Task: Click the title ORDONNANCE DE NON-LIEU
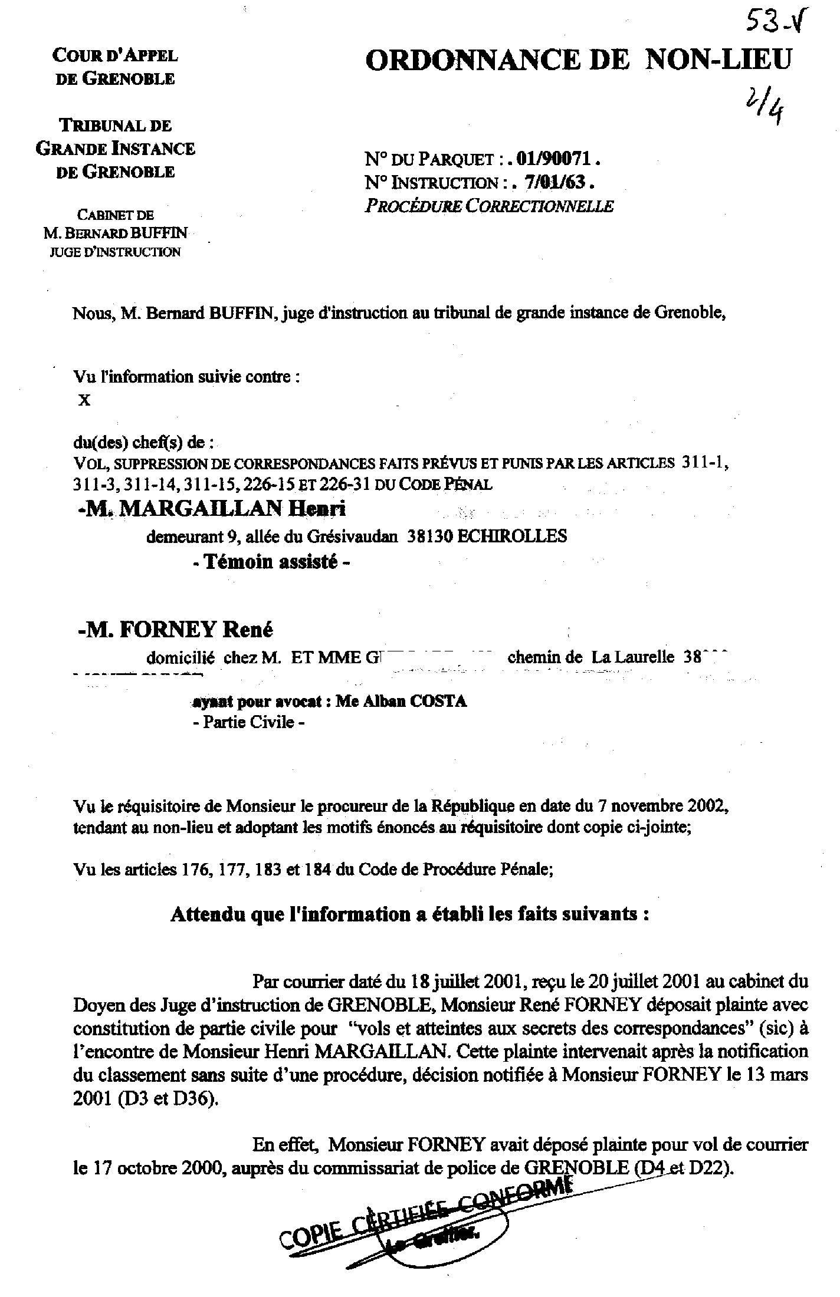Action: (577, 60)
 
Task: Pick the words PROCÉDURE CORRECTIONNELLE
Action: (489, 206)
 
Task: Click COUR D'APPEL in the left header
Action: (115, 55)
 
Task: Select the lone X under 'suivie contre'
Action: (84, 400)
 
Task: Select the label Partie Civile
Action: (249, 722)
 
